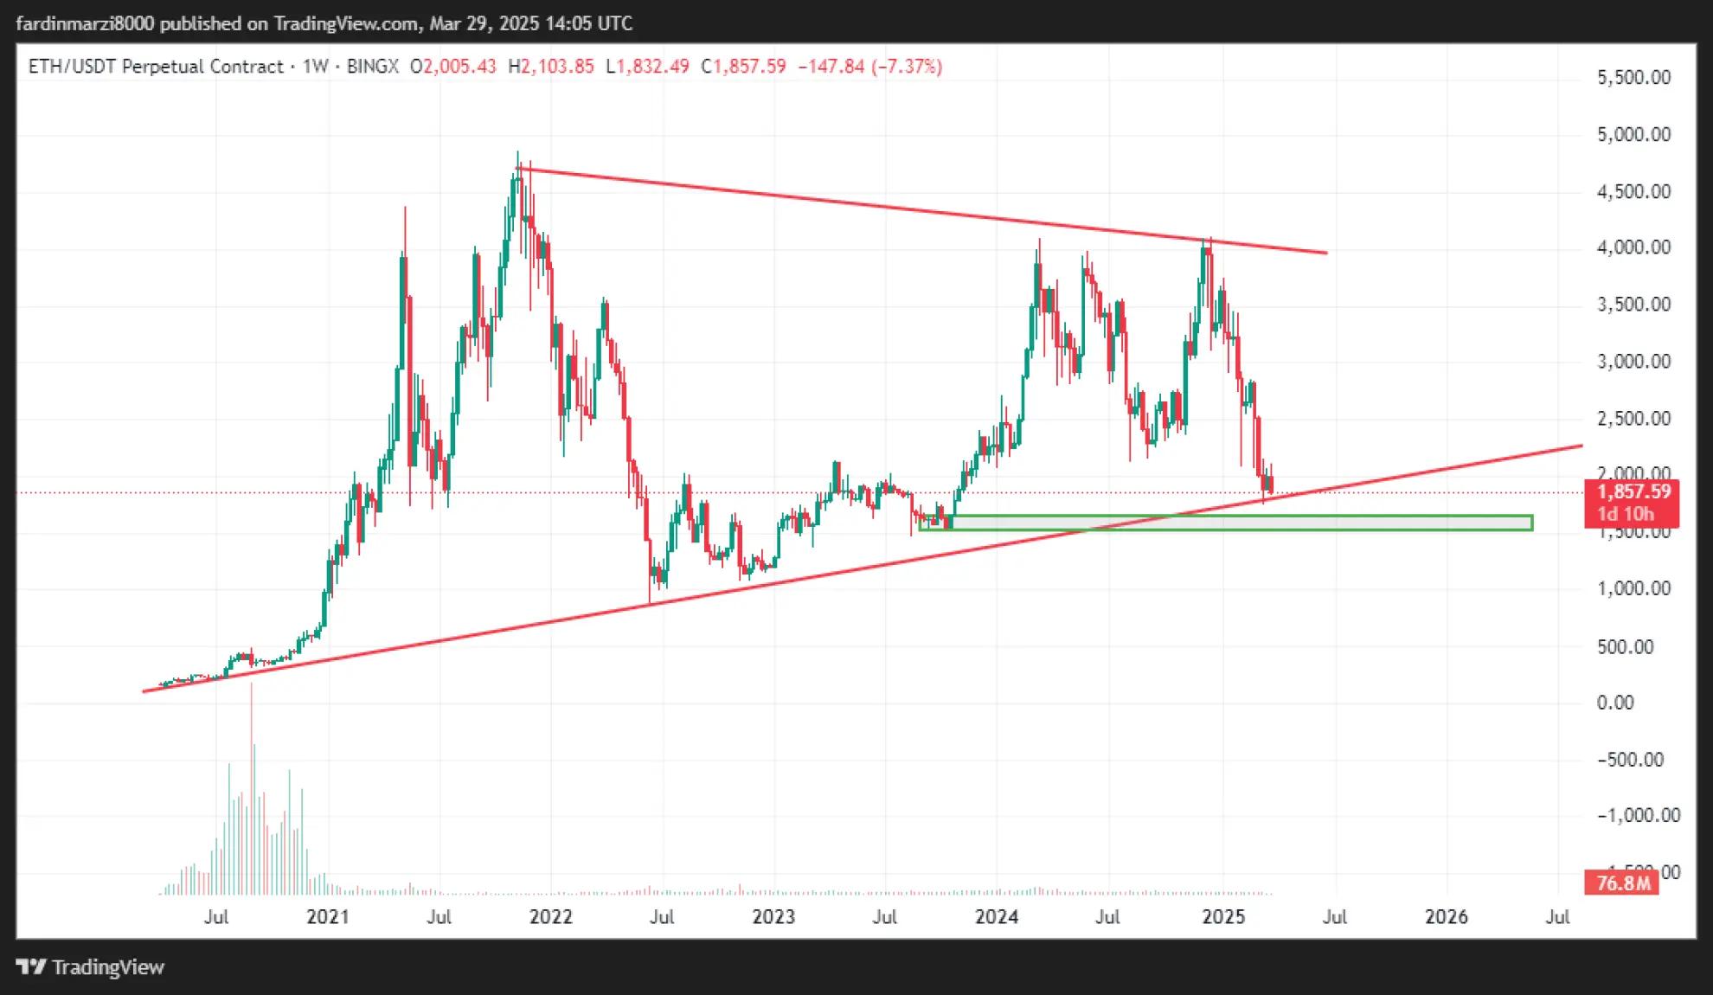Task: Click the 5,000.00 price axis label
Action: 1633,135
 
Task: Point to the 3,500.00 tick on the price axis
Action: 1633,305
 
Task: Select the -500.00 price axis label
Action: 1630,760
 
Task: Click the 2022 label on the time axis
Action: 551,917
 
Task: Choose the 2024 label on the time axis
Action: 997,917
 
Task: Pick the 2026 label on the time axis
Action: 1447,917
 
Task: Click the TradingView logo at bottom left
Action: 91,967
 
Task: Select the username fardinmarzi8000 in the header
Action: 85,23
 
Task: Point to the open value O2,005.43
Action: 453,67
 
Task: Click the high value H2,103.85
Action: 551,67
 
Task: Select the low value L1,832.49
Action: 647,67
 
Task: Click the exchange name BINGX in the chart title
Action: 372,67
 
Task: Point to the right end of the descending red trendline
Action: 1325,253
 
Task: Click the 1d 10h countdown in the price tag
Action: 1625,514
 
